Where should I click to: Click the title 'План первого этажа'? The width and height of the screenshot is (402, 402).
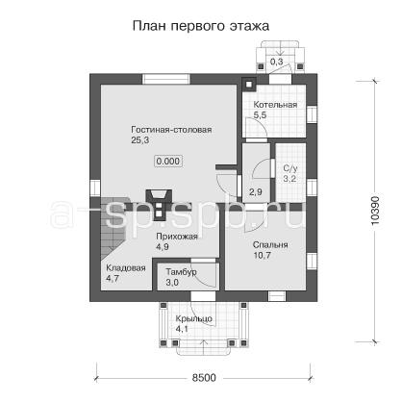point(201,26)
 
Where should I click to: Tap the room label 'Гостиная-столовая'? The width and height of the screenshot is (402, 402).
point(171,130)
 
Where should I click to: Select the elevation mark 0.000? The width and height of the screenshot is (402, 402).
point(168,161)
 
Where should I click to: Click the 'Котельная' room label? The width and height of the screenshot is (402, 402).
point(275,105)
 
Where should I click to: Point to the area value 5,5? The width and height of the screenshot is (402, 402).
point(260,115)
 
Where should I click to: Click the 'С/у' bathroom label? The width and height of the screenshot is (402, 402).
point(290,168)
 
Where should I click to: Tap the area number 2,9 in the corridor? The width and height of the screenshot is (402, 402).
point(256,192)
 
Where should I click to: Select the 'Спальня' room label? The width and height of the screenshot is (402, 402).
point(270,245)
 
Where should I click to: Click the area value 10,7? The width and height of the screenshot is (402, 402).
point(262,256)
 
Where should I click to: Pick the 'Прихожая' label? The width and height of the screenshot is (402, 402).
point(177,237)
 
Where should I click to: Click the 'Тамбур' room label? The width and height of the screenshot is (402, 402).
point(181,272)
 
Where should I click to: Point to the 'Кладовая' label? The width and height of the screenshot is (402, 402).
point(126,268)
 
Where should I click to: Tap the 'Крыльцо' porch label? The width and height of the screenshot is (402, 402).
point(193,319)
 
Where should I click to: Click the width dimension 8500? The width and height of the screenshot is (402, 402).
point(204,378)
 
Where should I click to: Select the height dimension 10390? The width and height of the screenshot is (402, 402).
point(375,211)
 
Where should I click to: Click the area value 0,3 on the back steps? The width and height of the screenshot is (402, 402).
point(276,62)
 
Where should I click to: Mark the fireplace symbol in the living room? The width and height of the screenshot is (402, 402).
point(160,205)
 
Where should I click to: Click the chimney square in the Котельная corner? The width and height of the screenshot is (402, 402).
point(249,85)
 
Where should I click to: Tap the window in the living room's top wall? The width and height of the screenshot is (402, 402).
point(166,79)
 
